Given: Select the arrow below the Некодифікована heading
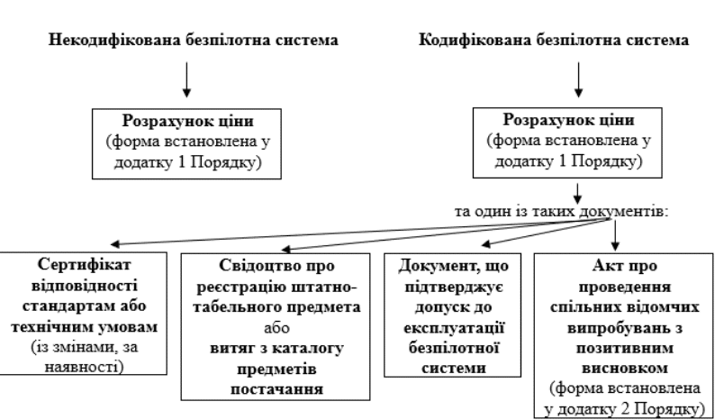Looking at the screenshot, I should tap(186, 82).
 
